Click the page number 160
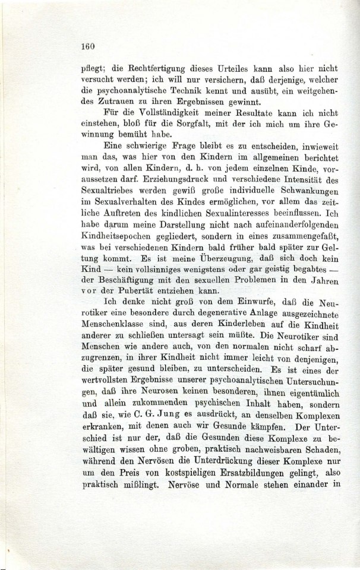click(87, 46)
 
